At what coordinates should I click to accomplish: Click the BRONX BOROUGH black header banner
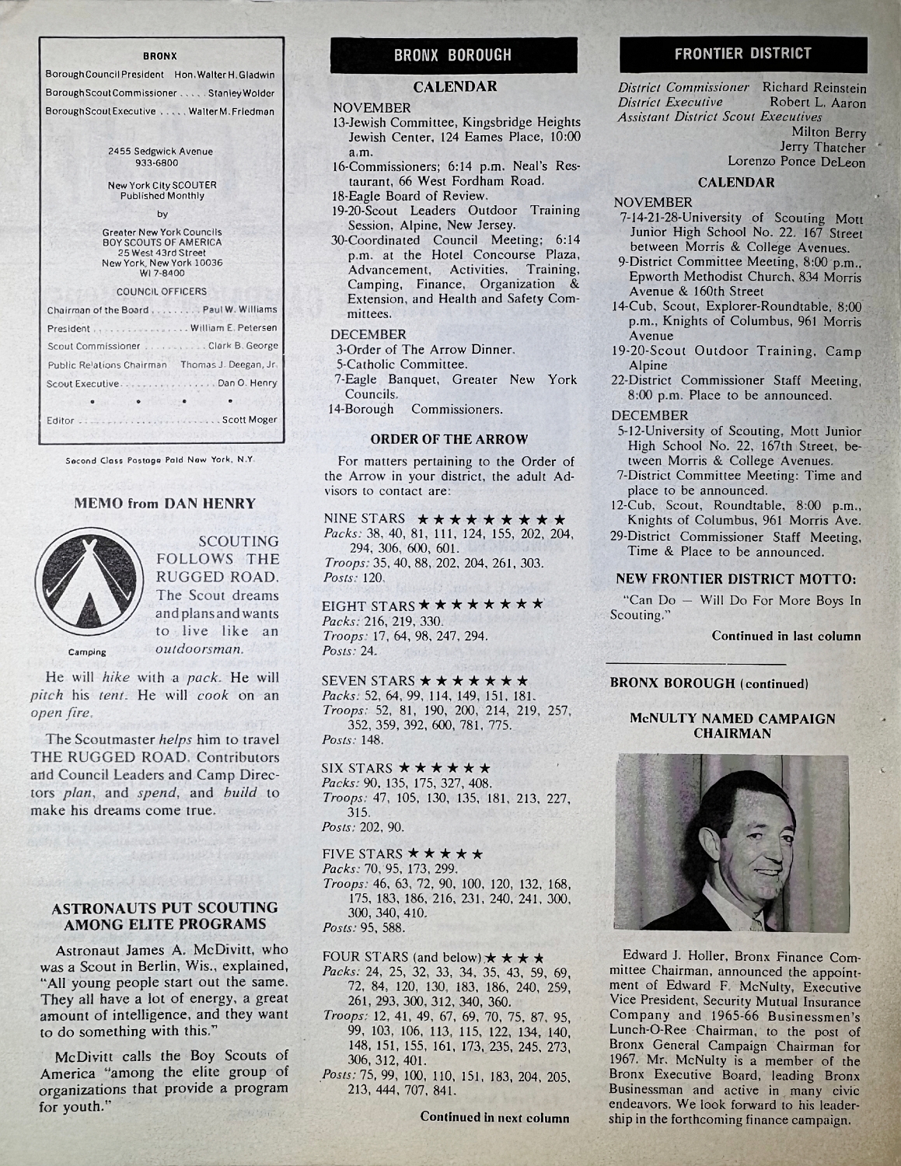click(x=453, y=54)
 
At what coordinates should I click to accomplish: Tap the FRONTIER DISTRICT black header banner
click(x=742, y=54)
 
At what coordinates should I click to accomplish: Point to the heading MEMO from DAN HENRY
click(x=164, y=504)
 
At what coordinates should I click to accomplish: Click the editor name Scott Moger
click(x=250, y=420)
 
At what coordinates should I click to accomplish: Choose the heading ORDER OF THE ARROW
click(x=449, y=440)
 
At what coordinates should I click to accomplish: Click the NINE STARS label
click(x=364, y=518)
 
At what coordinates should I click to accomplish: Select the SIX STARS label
click(x=358, y=768)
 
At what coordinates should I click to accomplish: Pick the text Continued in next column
click(x=494, y=1118)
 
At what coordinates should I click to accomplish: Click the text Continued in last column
click(x=786, y=636)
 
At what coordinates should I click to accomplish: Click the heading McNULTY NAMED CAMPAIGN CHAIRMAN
click(x=733, y=725)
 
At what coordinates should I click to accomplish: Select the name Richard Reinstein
click(x=814, y=88)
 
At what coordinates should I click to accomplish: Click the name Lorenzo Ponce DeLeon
click(x=796, y=162)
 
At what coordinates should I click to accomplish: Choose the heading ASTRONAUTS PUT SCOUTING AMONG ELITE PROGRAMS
click(x=164, y=916)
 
